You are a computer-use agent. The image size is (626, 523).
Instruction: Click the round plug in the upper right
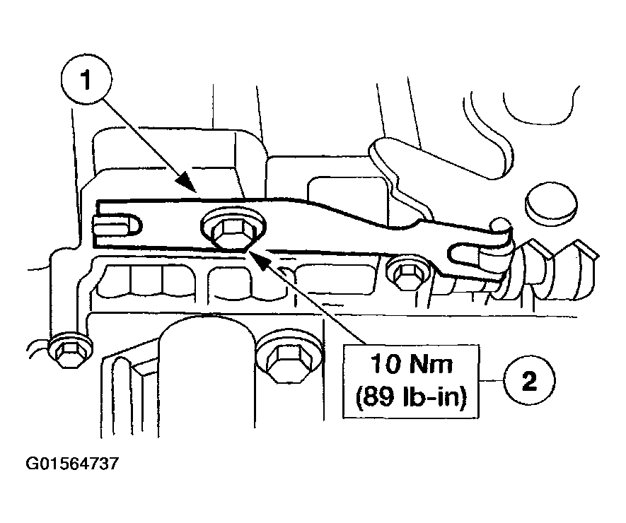click(546, 199)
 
